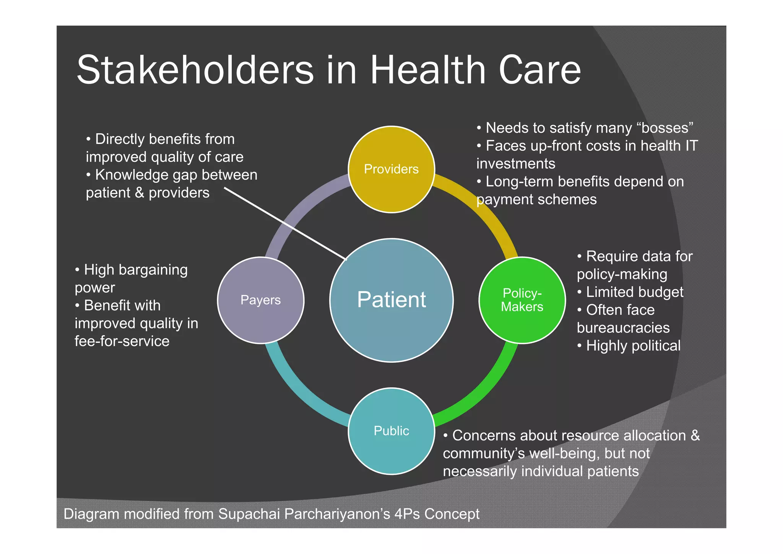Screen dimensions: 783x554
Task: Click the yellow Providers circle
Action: (x=391, y=169)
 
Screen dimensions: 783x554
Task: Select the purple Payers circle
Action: (x=260, y=300)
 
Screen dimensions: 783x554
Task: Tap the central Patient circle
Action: (x=391, y=300)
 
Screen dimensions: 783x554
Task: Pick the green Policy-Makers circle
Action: (x=522, y=300)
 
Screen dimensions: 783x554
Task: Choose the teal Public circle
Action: (x=391, y=431)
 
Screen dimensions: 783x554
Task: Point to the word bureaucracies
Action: (x=623, y=328)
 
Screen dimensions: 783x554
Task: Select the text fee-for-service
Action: (x=122, y=341)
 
